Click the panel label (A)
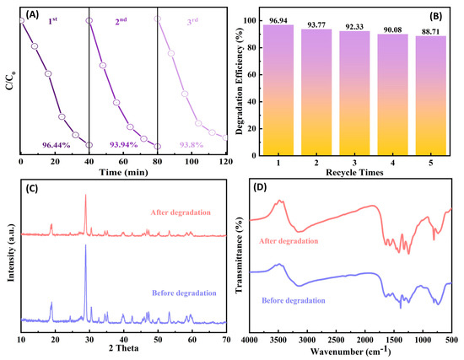pos(36,14)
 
